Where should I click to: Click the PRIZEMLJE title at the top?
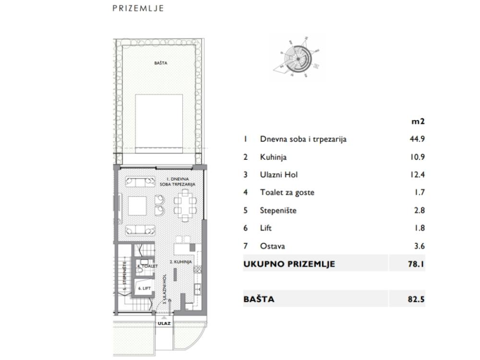(138, 8)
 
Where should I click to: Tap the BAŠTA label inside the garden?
(160, 63)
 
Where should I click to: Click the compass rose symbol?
(298, 57)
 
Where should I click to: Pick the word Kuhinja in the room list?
(274, 157)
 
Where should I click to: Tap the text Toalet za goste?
(287, 192)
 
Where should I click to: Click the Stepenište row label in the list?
(278, 210)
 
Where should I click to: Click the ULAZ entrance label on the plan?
(164, 324)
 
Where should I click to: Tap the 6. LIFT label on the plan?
(144, 288)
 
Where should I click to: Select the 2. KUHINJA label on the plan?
(181, 262)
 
